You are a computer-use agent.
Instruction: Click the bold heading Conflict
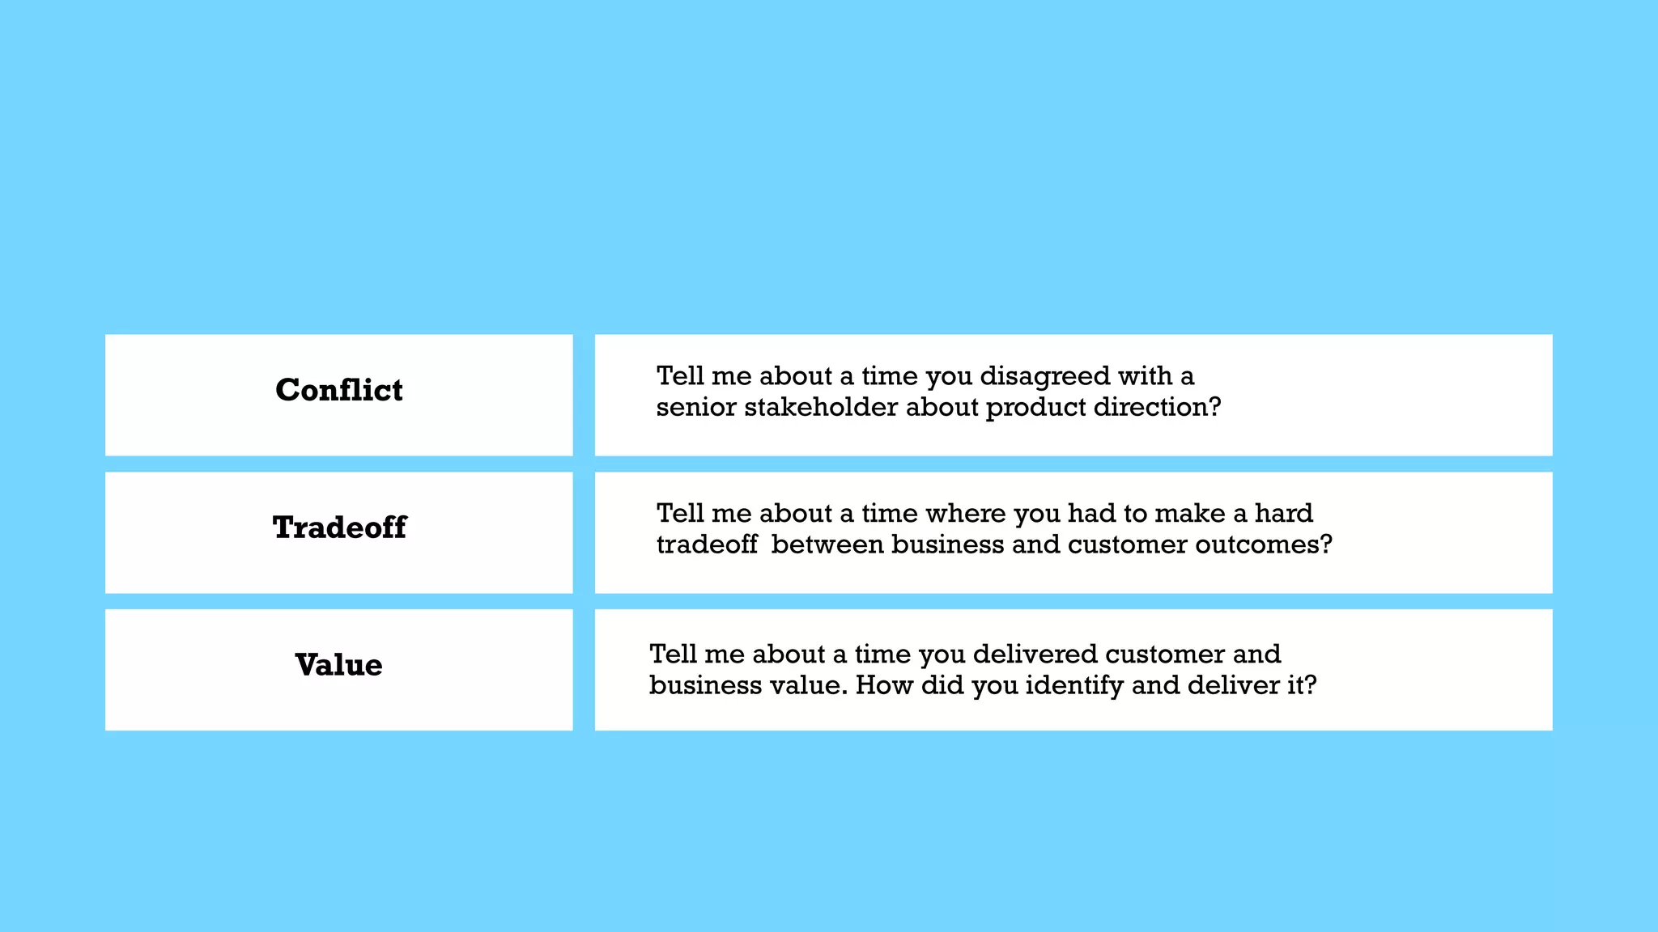[x=338, y=390]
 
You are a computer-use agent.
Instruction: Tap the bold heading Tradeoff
[x=339, y=527]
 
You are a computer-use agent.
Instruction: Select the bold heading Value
[x=338, y=665]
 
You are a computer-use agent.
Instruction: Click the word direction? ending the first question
[x=1157, y=407]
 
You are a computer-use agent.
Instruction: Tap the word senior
[x=696, y=407]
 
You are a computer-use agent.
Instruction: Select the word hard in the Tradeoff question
[x=1283, y=514]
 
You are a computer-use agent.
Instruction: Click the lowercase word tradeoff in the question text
[x=707, y=544]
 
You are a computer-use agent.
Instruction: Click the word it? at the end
[x=1302, y=685]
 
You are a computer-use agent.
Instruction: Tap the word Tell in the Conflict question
[x=679, y=376]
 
